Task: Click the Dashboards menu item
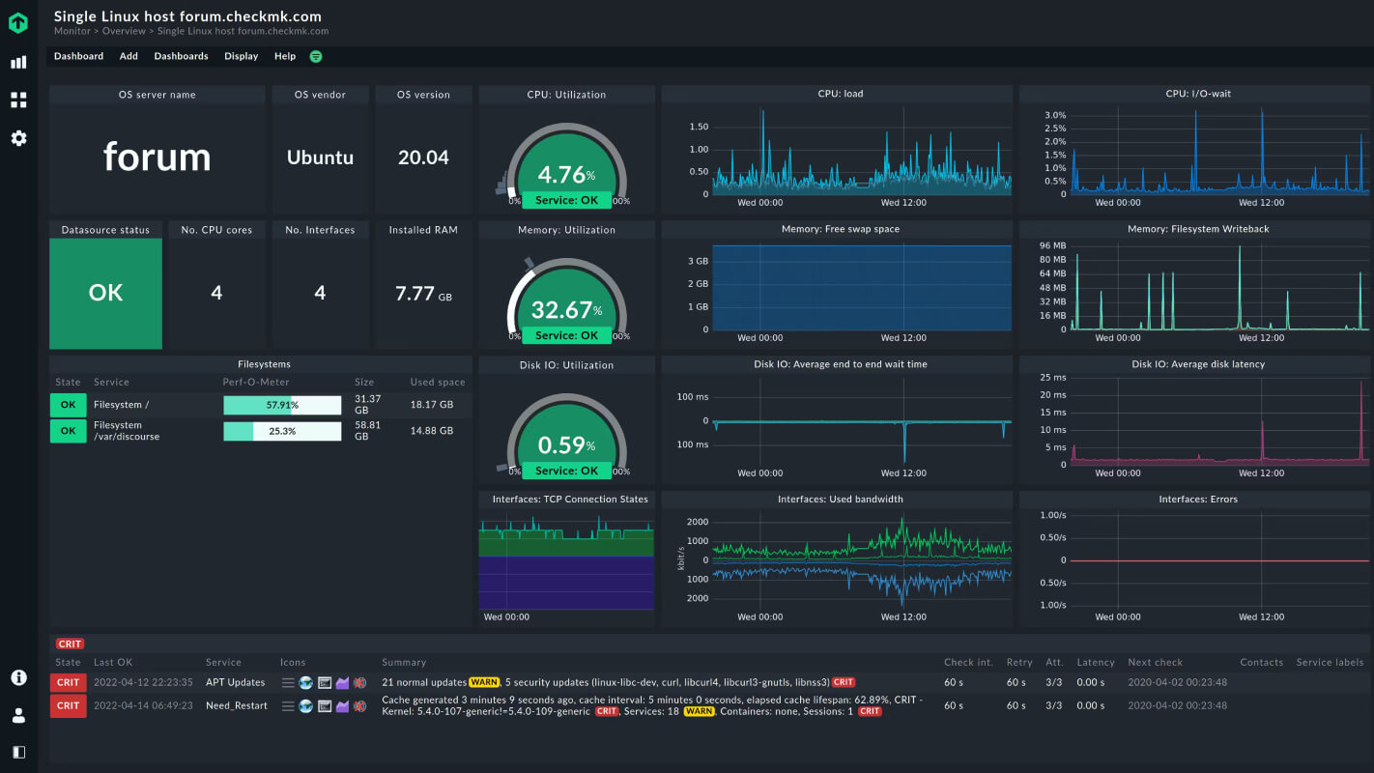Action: [181, 56]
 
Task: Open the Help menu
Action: [285, 56]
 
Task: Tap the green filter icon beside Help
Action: [316, 56]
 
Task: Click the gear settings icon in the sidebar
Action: [19, 138]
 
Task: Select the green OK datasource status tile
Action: [105, 293]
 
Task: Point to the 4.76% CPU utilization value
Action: [566, 175]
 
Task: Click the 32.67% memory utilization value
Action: [566, 310]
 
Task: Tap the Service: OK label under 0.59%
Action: [566, 471]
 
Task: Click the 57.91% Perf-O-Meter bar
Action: [282, 405]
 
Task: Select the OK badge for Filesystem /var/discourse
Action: [68, 431]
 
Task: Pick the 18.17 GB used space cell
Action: [432, 404]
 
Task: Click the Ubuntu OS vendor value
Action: [320, 157]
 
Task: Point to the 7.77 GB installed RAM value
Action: [423, 294]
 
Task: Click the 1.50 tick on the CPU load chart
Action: [699, 127]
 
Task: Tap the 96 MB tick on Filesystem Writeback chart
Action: [1052, 245]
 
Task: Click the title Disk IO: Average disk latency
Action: [1198, 364]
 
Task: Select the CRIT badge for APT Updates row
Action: [68, 682]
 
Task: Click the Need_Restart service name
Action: [237, 705]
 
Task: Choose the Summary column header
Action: [404, 662]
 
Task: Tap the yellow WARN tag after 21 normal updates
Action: [484, 682]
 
